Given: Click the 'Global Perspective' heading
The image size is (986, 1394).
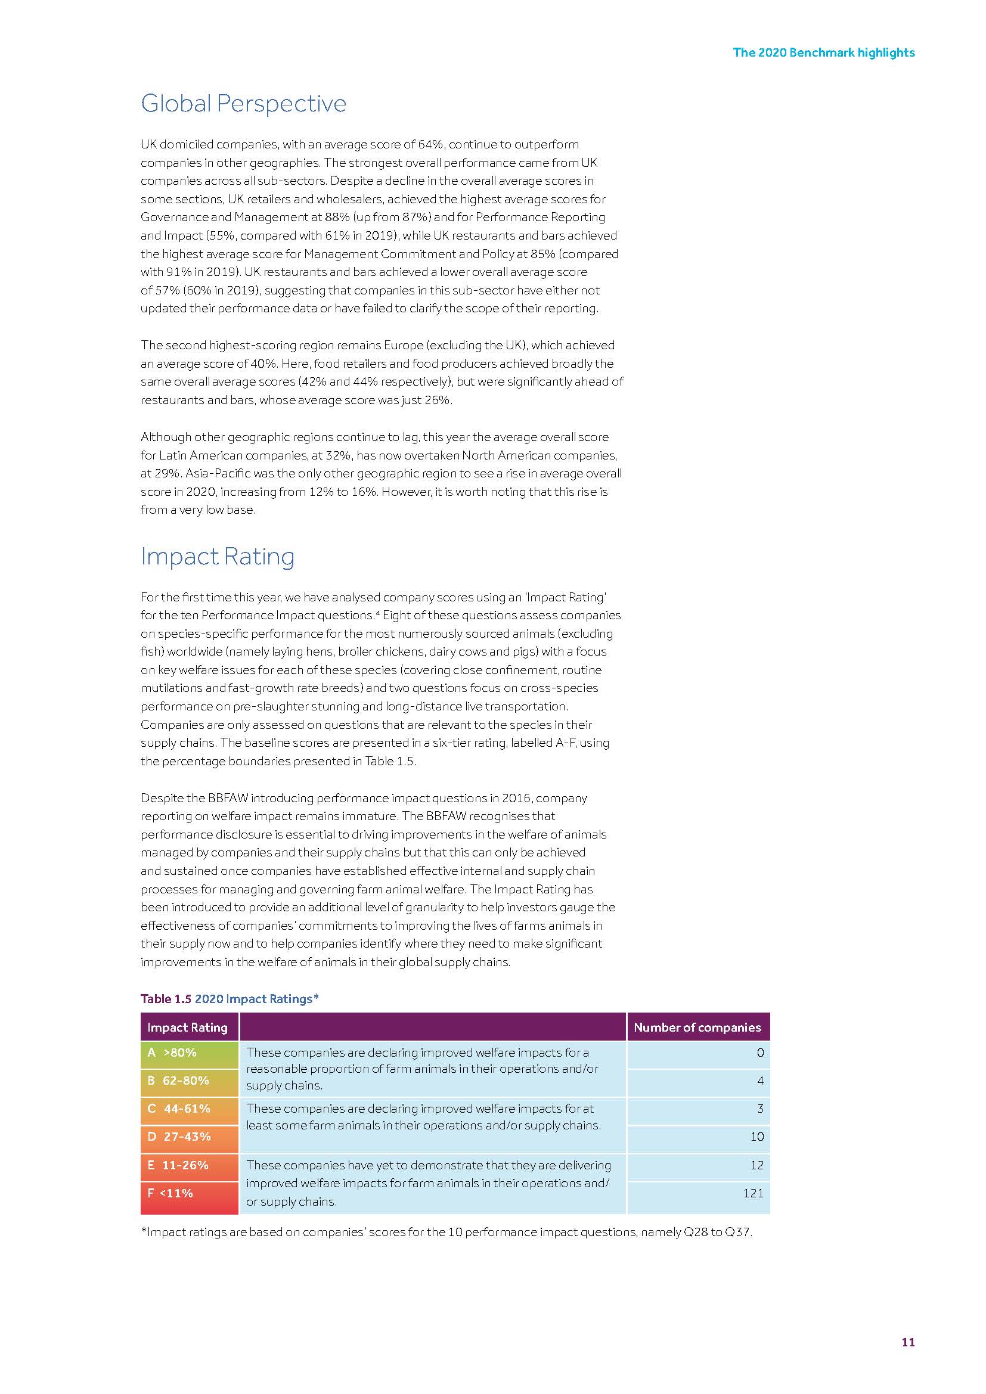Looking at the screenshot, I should pos(243,104).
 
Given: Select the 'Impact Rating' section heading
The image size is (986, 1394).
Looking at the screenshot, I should pos(218,556).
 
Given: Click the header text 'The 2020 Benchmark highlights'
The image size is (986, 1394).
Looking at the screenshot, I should pos(823,52).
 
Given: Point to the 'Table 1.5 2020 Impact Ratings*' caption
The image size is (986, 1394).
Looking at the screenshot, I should pos(230,999).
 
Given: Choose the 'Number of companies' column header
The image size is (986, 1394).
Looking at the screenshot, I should pos(697,1027).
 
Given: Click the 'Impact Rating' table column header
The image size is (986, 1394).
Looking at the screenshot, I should pos(187,1027).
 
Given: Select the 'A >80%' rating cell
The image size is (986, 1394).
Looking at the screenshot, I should pos(189,1053).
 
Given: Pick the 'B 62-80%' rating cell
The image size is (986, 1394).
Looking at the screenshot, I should pos(189,1081).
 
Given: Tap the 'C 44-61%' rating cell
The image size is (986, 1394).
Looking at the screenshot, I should pos(189,1109).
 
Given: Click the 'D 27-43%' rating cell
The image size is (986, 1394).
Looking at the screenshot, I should pos(189,1137).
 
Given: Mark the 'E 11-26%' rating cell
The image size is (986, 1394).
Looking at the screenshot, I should pos(189,1165).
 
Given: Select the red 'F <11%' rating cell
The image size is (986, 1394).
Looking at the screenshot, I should pos(189,1193).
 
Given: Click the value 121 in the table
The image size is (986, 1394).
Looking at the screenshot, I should pos(753,1193).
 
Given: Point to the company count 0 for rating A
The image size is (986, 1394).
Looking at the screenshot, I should pos(760,1053).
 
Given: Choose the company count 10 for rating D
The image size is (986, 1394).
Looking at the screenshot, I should pos(756,1137).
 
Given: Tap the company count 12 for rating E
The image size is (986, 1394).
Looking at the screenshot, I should pos(756,1165).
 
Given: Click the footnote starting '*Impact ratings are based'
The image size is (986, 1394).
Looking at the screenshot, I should pos(447,1232).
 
